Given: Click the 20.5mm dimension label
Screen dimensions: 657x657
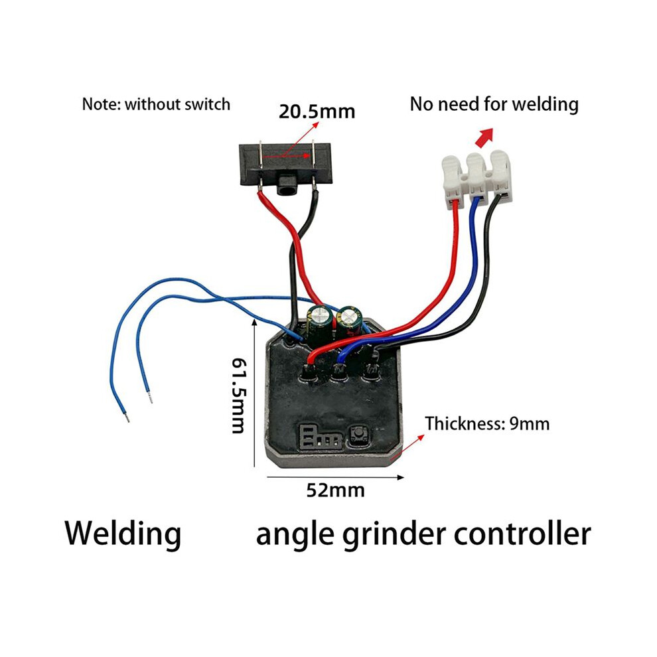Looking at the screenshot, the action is coord(317,112).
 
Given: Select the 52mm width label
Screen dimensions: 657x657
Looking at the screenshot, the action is coord(335,490).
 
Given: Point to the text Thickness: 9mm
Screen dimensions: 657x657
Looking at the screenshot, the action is coord(487,423).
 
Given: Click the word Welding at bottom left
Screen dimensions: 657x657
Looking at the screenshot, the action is coord(123,534).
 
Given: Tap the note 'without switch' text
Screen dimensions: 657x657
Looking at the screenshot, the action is coord(178,104).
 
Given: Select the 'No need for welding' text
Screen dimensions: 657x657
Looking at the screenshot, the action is coord(494,104).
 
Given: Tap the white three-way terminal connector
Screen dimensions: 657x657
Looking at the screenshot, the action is coord(478,177).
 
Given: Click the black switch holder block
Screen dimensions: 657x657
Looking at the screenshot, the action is coord(285,166).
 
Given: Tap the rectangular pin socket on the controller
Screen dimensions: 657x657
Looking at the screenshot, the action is coord(320,437).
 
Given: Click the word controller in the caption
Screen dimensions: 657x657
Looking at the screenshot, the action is coord(522,534).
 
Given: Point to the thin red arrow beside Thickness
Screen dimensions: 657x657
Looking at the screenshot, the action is coord(406,447).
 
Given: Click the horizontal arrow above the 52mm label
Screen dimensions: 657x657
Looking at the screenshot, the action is coord(335,477).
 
